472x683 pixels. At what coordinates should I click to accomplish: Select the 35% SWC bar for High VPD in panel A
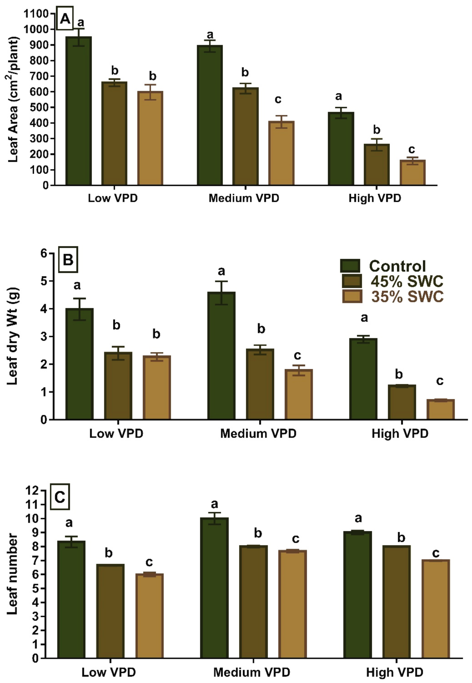(x=413, y=173)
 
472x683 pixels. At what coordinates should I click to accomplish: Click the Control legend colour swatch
(x=350, y=266)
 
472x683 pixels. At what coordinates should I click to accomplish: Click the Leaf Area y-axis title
(x=13, y=100)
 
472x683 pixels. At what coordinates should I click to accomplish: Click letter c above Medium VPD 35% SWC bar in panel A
(x=278, y=100)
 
